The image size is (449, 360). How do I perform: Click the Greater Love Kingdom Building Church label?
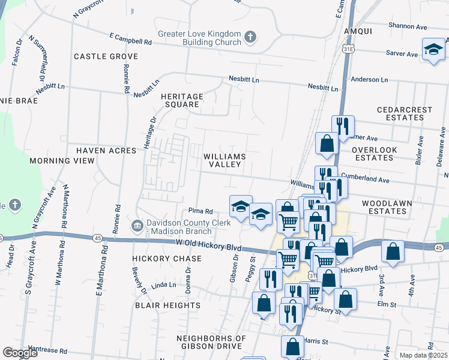click(199, 39)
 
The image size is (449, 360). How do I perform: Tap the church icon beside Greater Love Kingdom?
click(250, 39)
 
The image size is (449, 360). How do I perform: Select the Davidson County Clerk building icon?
click(136, 226)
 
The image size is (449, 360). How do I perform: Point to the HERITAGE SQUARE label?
click(182, 100)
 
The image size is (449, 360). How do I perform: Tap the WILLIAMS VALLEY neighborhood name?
click(224, 160)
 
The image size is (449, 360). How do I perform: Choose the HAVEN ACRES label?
click(107, 150)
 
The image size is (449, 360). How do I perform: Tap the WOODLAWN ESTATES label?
click(387, 208)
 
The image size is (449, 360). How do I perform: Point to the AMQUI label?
click(358, 31)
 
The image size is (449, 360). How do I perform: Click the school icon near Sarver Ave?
click(433, 50)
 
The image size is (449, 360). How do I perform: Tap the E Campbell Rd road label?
click(130, 42)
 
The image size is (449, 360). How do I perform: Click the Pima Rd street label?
click(201, 211)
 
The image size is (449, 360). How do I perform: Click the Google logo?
click(20, 353)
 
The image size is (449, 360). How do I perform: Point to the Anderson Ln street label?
click(365, 79)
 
